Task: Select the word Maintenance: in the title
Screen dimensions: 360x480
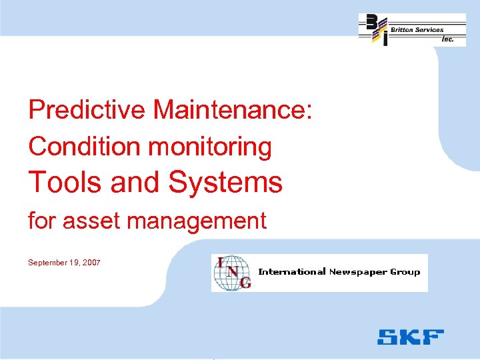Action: (x=232, y=110)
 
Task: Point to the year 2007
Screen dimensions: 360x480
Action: (x=91, y=263)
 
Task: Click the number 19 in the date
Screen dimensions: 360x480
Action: (x=75, y=263)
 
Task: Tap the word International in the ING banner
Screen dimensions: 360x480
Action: (x=292, y=271)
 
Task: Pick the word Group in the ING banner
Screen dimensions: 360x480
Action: (x=406, y=271)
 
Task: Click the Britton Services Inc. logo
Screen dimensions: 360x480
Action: (x=412, y=30)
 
